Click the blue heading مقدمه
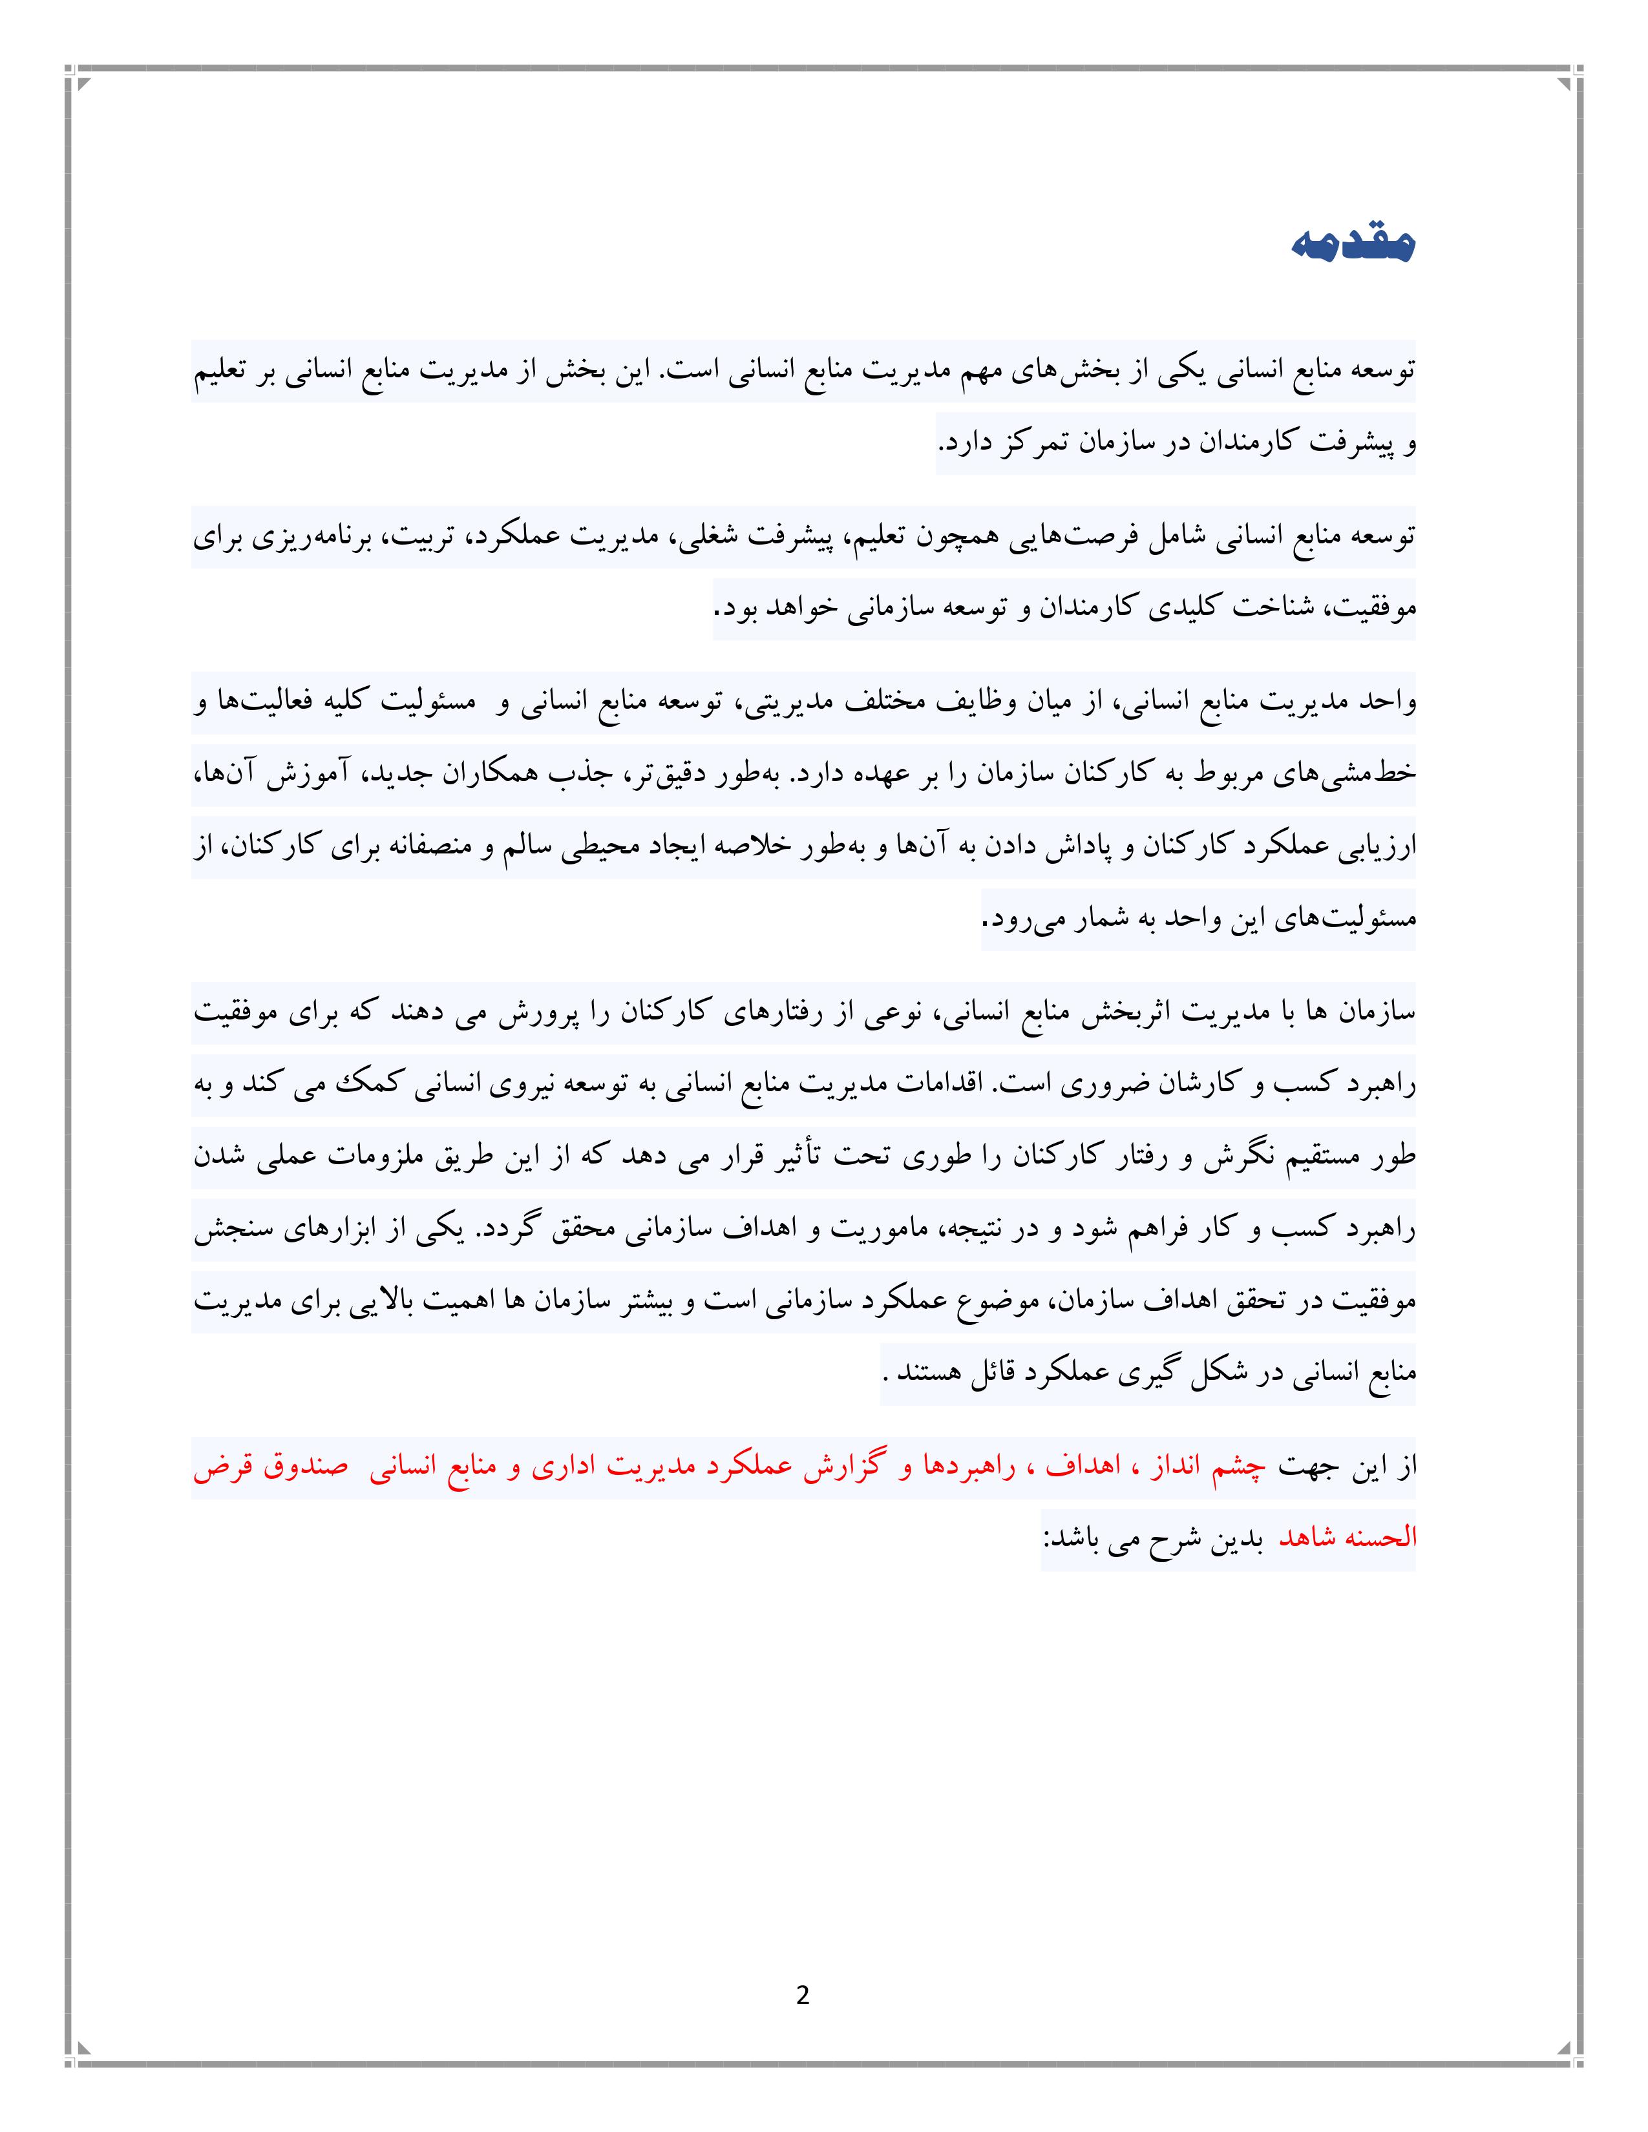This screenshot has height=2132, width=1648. click(x=1352, y=245)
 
